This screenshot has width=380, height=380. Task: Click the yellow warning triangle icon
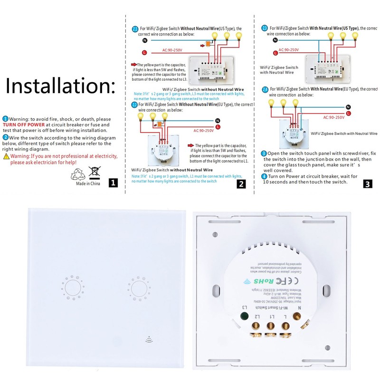point(6,156)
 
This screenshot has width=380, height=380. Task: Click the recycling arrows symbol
point(77,174)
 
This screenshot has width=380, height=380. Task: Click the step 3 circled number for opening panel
point(264,154)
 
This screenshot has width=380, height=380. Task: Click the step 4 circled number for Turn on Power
point(264,176)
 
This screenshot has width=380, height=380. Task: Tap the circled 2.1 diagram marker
point(135,29)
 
